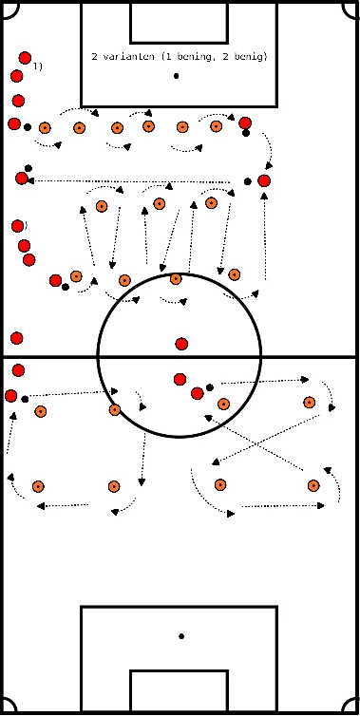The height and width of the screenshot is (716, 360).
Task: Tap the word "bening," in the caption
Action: point(192,57)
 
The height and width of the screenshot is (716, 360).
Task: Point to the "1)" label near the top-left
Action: point(37,66)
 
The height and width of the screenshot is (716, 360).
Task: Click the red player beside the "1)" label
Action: point(25,58)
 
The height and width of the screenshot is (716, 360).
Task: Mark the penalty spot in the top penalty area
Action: point(177,75)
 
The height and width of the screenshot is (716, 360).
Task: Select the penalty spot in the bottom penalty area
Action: point(180,635)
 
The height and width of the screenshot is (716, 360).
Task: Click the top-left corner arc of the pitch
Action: point(9,8)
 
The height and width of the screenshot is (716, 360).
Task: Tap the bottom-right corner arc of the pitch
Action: point(351,707)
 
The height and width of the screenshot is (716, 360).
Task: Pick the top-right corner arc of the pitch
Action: point(351,8)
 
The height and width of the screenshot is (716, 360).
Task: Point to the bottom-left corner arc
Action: point(9,707)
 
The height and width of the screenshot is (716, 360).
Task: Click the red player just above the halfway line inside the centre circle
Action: point(181,344)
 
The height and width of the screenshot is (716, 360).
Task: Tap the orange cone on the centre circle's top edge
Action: point(176,279)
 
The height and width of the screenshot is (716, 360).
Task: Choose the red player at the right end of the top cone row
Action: point(245,123)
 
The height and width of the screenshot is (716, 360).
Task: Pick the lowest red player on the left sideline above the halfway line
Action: point(16,338)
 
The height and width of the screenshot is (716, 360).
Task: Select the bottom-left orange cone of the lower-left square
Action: point(38,486)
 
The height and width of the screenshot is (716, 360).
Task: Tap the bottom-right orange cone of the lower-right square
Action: point(314,485)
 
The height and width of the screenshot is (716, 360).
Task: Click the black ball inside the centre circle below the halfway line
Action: point(210,386)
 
